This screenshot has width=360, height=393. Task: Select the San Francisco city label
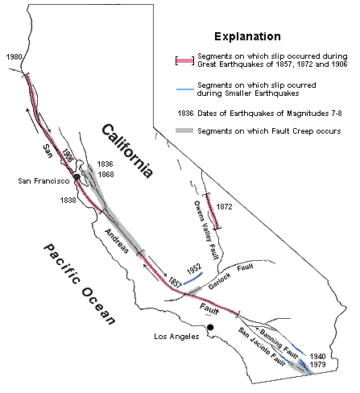point(43,182)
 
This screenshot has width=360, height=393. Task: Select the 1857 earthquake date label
point(176,283)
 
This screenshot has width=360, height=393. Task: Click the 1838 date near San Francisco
point(69,201)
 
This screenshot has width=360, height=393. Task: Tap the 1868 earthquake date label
point(106,174)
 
